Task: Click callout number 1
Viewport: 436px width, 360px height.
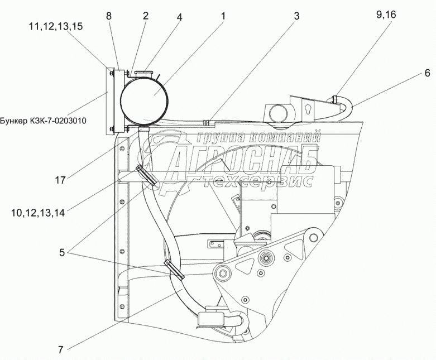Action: pyautogui.click(x=223, y=16)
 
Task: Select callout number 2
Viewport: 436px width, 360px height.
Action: pyautogui.click(x=145, y=16)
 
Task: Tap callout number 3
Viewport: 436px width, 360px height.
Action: pyautogui.click(x=296, y=16)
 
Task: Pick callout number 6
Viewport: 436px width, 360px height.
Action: pyautogui.click(x=427, y=73)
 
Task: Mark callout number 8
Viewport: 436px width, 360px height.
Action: pyautogui.click(x=109, y=16)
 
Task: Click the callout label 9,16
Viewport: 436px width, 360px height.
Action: pyautogui.click(x=386, y=16)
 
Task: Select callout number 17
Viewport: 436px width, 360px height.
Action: pyautogui.click(x=61, y=180)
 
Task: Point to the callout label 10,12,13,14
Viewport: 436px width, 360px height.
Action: pyautogui.click(x=37, y=212)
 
